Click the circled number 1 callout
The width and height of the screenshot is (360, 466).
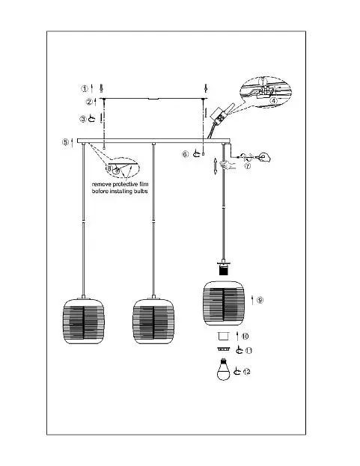(85, 88)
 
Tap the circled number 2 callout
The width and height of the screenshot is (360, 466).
(89, 102)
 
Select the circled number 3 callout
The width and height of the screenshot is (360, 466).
(82, 119)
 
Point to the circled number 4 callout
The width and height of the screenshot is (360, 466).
(273, 101)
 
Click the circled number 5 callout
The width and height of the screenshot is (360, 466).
(65, 142)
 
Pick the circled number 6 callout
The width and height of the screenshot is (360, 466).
(185, 154)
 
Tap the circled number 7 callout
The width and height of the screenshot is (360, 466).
(247, 166)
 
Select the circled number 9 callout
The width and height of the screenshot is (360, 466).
(260, 300)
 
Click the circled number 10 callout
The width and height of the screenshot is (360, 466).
(245, 336)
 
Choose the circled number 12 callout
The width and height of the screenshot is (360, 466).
(247, 372)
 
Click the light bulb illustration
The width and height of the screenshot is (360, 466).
(223, 369)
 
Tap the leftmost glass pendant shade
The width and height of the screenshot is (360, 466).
(84, 321)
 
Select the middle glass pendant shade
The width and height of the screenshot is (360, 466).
(153, 321)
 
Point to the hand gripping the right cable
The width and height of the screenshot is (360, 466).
(227, 165)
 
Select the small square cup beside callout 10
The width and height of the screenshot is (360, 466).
(223, 336)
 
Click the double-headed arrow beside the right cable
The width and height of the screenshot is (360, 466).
(216, 166)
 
